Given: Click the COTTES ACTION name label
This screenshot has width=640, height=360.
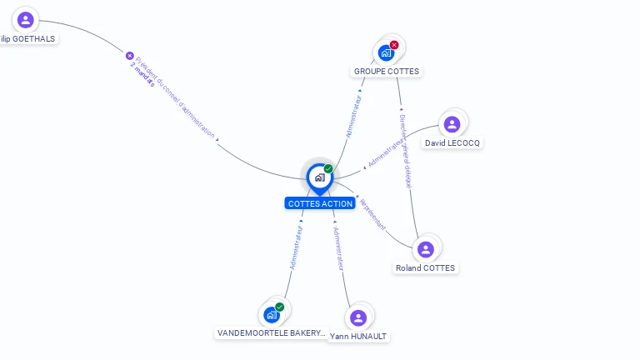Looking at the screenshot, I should (320, 203).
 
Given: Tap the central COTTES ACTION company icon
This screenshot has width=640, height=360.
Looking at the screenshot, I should (319, 177).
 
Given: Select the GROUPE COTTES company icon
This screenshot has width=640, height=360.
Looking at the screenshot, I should (385, 52).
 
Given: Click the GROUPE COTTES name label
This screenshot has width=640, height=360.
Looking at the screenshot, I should (387, 72).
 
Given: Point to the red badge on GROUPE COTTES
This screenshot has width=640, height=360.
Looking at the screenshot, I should (394, 45).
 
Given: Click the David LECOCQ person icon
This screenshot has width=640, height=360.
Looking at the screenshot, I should (452, 124).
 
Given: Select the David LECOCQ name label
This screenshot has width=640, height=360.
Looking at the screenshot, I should (452, 143).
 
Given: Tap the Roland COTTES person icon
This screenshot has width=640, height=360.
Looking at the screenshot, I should (426, 249).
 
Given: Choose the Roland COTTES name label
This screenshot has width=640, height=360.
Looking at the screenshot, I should (426, 268).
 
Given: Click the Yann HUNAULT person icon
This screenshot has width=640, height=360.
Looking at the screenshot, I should (358, 317).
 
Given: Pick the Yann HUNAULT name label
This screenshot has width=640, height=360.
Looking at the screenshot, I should (358, 337).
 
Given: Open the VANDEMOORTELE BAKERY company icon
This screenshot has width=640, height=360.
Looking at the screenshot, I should (271, 314).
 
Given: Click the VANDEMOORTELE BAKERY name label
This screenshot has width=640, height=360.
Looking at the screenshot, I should (271, 333).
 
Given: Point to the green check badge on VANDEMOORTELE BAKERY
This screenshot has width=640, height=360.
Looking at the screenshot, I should (280, 307).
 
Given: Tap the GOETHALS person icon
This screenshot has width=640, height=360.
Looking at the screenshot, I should (26, 19).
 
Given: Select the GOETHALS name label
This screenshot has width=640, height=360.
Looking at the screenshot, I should (28, 38).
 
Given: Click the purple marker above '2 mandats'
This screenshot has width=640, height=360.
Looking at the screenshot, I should (130, 56).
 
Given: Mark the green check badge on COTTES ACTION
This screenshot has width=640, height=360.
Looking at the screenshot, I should (328, 168).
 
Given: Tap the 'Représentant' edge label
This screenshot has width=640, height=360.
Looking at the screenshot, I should (373, 214).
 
